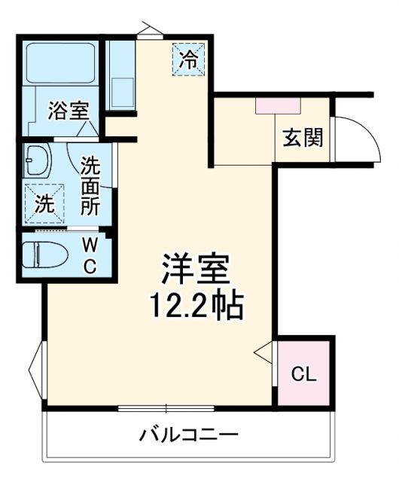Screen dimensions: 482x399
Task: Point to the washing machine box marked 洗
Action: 45,203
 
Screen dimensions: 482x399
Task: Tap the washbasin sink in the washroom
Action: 36,160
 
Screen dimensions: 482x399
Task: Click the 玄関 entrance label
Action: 303,138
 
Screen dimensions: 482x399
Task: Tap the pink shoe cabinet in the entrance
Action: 279,105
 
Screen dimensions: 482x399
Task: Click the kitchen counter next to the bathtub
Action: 120,75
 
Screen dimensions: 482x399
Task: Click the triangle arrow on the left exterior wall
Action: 35,369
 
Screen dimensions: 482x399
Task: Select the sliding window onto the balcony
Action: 167,409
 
